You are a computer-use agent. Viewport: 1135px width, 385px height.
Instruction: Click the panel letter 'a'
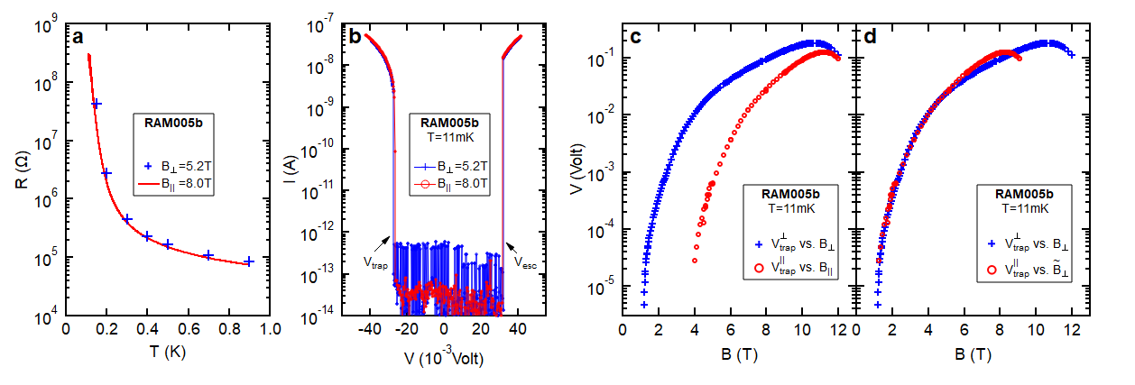coord(78,37)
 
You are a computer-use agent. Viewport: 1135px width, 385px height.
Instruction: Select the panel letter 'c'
coord(635,37)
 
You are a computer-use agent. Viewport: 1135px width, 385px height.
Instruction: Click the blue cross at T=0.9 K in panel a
coord(249,261)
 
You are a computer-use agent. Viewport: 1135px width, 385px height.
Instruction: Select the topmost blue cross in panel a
coord(96,104)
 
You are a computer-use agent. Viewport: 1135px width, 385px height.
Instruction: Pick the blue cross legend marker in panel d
coord(993,243)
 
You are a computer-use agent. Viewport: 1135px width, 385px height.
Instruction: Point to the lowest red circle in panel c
coord(695,261)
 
